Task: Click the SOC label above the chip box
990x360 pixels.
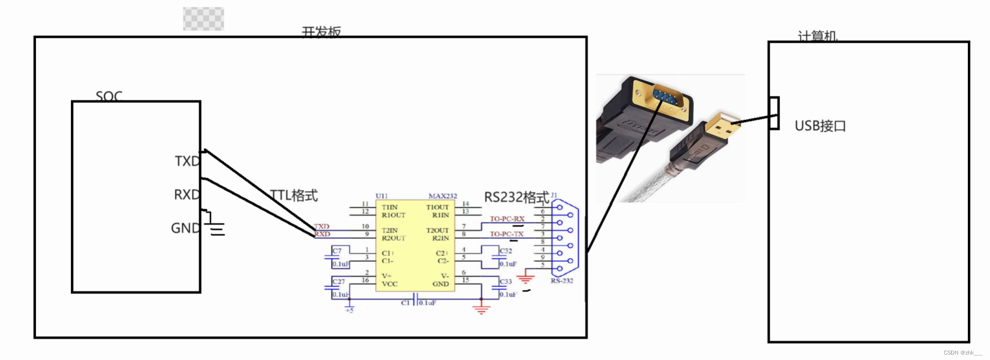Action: [x=109, y=96]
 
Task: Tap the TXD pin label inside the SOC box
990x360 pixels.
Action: [x=187, y=161]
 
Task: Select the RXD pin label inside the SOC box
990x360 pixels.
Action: [x=186, y=195]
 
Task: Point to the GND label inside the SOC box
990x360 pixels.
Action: [x=185, y=228]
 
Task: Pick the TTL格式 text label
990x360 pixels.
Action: [x=294, y=195]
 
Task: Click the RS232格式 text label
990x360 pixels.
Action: [x=516, y=197]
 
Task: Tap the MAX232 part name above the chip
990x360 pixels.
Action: [x=443, y=196]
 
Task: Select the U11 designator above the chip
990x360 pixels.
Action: [x=382, y=196]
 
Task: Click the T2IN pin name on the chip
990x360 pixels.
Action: [x=390, y=230]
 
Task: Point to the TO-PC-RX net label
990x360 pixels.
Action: [x=507, y=219]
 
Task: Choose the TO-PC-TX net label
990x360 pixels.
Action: [x=507, y=234]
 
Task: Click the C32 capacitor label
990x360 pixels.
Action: [x=506, y=251]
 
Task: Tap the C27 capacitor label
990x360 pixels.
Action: [x=338, y=282]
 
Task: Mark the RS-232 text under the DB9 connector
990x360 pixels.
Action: [x=562, y=281]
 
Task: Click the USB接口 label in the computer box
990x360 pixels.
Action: [x=820, y=126]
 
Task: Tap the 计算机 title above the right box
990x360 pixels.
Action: [x=817, y=36]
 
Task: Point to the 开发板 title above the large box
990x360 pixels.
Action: [x=321, y=32]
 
